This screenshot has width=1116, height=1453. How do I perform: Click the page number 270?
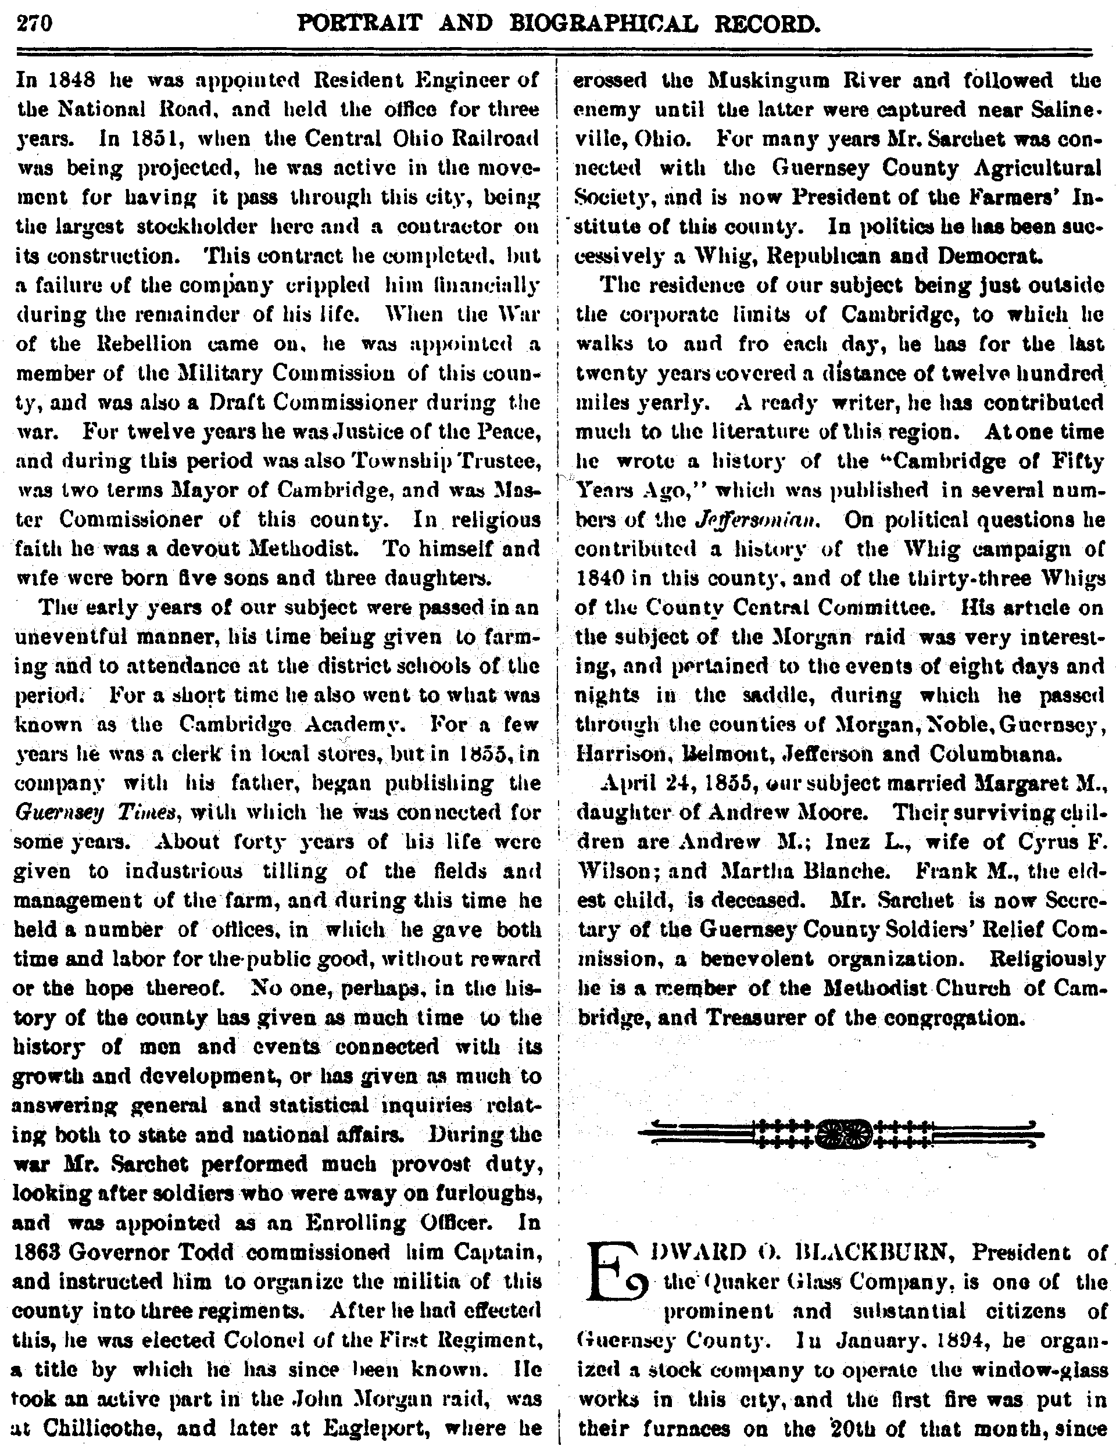click(34, 24)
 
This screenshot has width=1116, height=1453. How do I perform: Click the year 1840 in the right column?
click(599, 578)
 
